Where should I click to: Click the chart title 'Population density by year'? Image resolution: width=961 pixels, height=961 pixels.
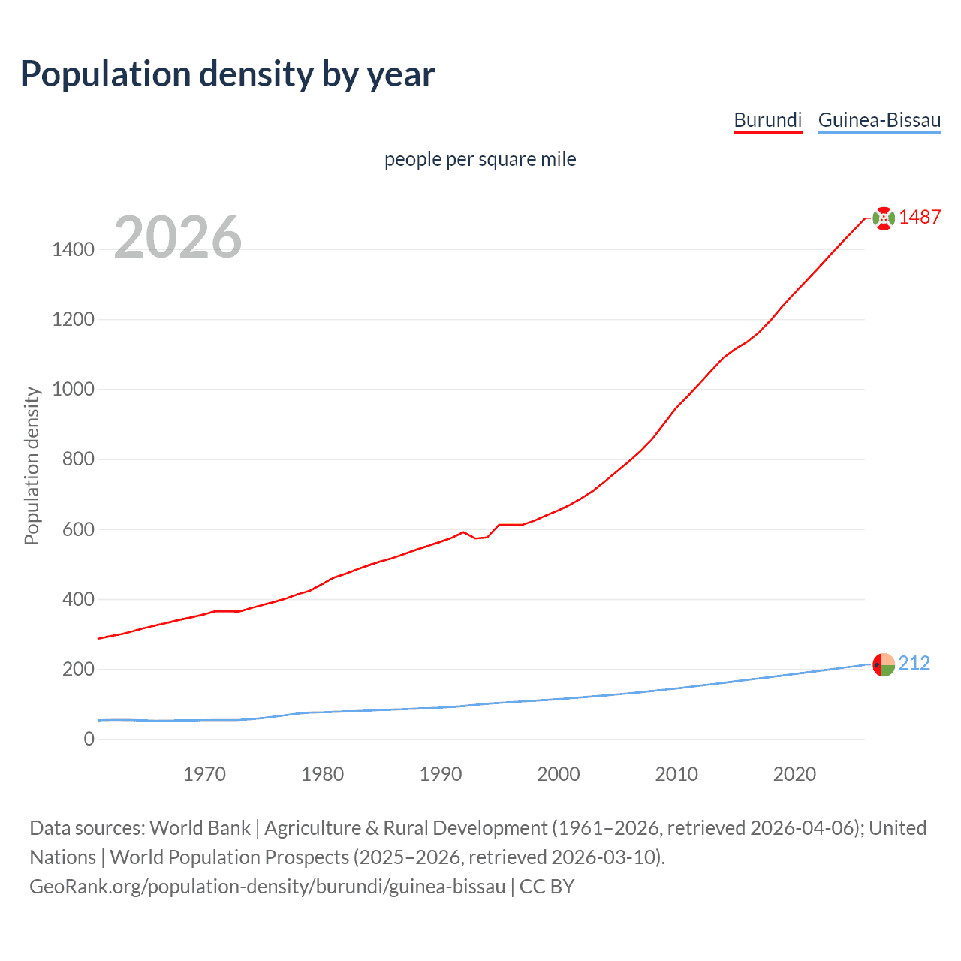pyautogui.click(x=227, y=74)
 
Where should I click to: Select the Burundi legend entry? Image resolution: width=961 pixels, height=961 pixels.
pyautogui.click(x=767, y=120)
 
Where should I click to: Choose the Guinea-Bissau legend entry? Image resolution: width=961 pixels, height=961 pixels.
pyautogui.click(x=879, y=120)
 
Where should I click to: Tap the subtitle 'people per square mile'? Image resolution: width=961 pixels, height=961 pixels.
pyautogui.click(x=480, y=159)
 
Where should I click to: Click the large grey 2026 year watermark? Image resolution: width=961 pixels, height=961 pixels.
pyautogui.click(x=178, y=237)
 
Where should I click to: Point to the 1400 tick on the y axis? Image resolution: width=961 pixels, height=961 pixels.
pyautogui.click(x=73, y=249)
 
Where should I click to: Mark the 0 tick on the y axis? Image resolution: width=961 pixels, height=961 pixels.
pyautogui.click(x=89, y=739)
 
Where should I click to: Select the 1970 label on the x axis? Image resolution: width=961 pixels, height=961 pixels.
pyautogui.click(x=204, y=774)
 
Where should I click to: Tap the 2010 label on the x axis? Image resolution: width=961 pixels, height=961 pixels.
pyautogui.click(x=676, y=774)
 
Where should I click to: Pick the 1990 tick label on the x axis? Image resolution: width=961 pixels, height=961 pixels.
pyautogui.click(x=441, y=774)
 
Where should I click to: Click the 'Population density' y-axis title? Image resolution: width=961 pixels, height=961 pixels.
pyautogui.click(x=32, y=465)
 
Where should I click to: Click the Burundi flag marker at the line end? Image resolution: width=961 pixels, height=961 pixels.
pyautogui.click(x=884, y=218)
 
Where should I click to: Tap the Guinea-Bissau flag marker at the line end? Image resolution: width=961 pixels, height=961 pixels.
pyautogui.click(x=884, y=664)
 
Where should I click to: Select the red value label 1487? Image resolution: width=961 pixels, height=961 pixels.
pyautogui.click(x=920, y=217)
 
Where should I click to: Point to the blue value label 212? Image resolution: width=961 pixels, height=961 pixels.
pyautogui.click(x=914, y=663)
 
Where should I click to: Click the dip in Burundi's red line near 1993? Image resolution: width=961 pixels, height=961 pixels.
pyautogui.click(x=476, y=538)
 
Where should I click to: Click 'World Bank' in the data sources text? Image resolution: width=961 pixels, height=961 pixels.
pyautogui.click(x=200, y=828)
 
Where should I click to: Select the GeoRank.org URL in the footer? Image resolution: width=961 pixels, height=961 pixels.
pyautogui.click(x=267, y=887)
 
